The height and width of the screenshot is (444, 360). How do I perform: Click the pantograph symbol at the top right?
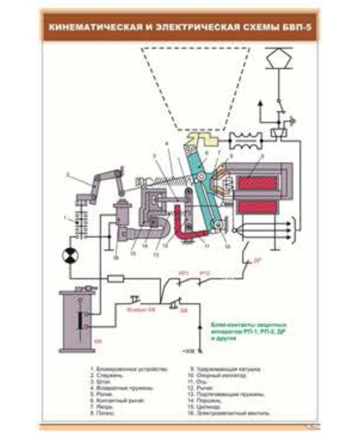[x=276, y=57]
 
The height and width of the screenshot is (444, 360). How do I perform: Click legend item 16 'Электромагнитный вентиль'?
[x=230, y=412]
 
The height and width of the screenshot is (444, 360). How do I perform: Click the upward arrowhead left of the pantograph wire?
[x=260, y=103]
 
